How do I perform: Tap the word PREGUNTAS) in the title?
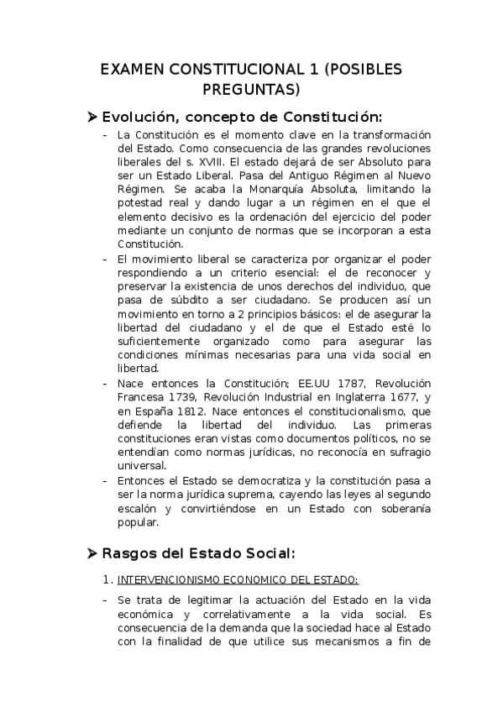click(251, 88)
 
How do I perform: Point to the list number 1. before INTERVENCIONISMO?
click(105, 579)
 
